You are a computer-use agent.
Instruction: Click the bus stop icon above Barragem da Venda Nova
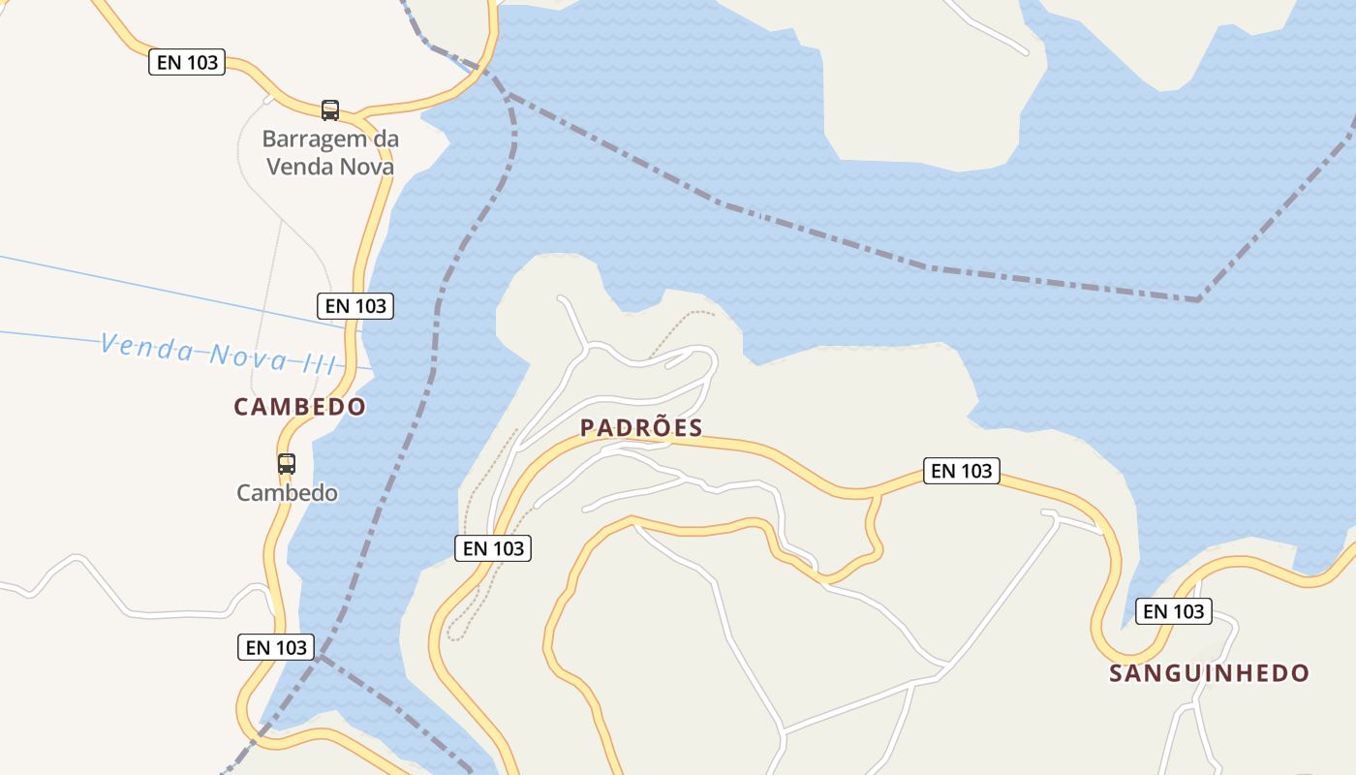pyautogui.click(x=330, y=109)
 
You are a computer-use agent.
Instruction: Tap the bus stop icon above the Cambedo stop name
pyautogui.click(x=287, y=463)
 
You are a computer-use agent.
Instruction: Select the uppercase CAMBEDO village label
pyautogui.click(x=300, y=407)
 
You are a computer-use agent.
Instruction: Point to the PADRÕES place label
pyautogui.click(x=641, y=428)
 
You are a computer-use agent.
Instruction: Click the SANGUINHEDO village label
pyautogui.click(x=1209, y=673)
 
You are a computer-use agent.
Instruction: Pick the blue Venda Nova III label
pyautogui.click(x=219, y=353)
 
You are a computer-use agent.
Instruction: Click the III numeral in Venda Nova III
pyautogui.click(x=317, y=363)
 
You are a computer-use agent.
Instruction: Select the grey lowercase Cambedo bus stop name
pyautogui.click(x=288, y=493)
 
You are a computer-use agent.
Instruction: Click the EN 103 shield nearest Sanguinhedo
pyautogui.click(x=1174, y=611)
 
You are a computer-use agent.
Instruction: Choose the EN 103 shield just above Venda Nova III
pyautogui.click(x=355, y=306)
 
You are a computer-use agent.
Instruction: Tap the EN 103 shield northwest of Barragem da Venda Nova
pyautogui.click(x=187, y=63)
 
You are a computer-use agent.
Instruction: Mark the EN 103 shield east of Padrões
pyautogui.click(x=961, y=471)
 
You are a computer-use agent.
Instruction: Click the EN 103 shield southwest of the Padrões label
pyautogui.click(x=493, y=548)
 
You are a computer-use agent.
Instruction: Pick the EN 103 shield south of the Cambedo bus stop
pyautogui.click(x=276, y=647)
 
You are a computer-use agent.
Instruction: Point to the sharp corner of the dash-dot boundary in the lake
pyautogui.click(x=1199, y=299)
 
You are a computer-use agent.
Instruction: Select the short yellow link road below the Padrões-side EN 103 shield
pyautogui.click(x=874, y=528)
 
